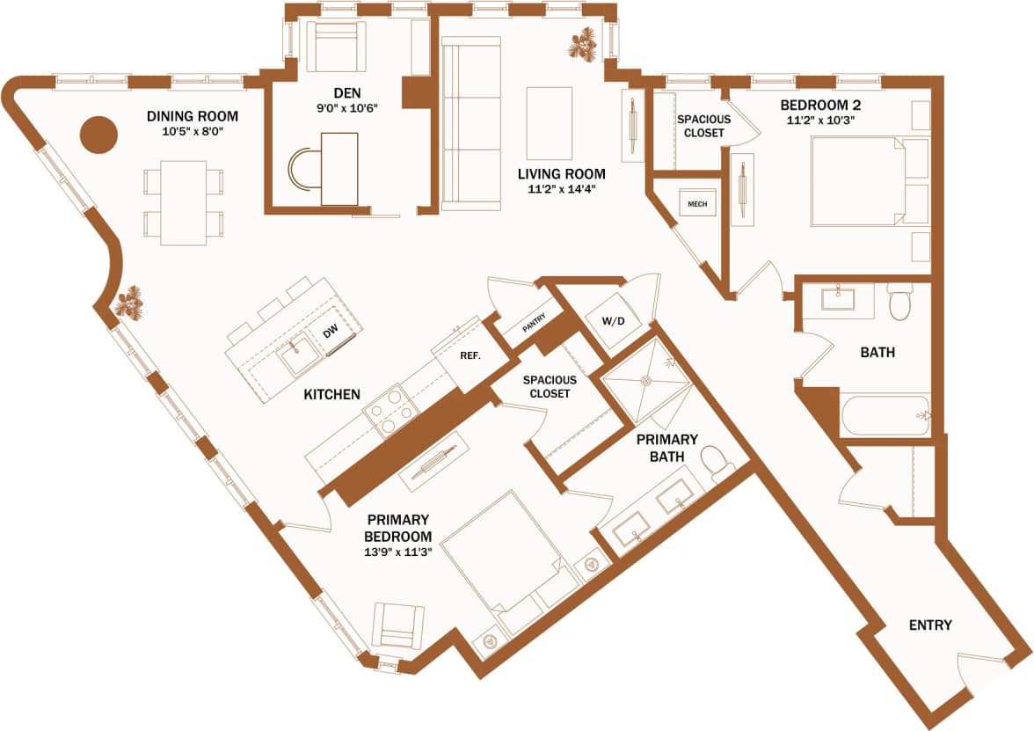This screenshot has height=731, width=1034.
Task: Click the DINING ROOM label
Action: [193, 116]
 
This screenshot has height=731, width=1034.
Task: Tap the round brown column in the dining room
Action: [99, 135]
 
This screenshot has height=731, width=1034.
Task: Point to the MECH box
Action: [697, 204]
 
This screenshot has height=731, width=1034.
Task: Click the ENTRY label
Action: [930, 625]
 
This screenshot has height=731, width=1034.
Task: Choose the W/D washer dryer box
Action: [612, 321]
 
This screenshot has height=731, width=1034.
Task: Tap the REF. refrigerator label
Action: [469, 357]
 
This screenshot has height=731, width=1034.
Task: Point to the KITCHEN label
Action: [331, 395]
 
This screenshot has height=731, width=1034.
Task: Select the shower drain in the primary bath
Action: [646, 380]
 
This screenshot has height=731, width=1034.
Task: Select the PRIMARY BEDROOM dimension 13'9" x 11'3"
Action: [399, 552]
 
